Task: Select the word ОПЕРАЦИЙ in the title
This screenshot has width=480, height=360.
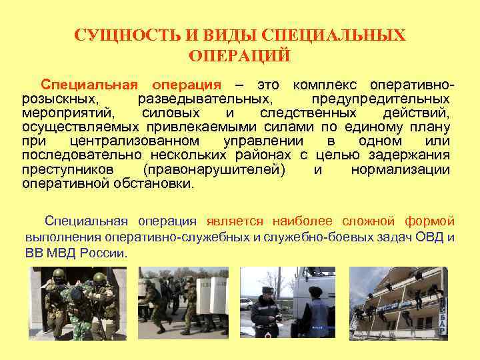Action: pyautogui.click(x=239, y=55)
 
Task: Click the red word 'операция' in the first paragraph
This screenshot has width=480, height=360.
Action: pyautogui.click(x=186, y=85)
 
